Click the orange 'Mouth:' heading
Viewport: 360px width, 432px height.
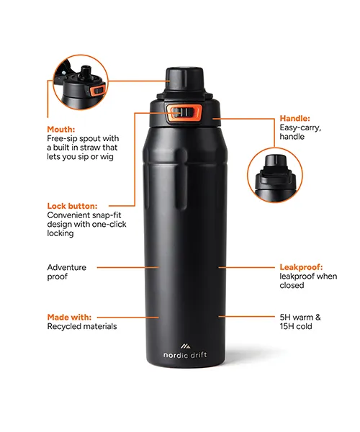point(61,129)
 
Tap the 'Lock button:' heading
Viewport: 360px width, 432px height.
point(72,206)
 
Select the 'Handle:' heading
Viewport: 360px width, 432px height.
point(294,119)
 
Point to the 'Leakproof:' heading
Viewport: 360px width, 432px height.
point(301,267)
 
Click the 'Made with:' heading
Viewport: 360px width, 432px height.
point(69,317)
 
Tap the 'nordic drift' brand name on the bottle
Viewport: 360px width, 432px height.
point(185,355)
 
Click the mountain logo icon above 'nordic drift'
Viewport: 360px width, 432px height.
point(185,346)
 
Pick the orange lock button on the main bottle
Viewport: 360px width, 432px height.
point(184,113)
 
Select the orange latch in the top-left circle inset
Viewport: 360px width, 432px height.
point(96,90)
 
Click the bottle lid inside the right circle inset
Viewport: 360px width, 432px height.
point(274,171)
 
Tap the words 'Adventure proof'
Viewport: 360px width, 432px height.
point(67,271)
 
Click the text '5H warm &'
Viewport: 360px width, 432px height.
point(300,317)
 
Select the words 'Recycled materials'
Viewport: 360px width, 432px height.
point(82,326)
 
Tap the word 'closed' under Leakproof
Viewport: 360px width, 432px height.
point(292,285)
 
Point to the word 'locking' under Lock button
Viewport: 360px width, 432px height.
point(60,233)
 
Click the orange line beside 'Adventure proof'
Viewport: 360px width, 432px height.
point(128,267)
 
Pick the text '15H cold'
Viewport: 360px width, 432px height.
point(296,326)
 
